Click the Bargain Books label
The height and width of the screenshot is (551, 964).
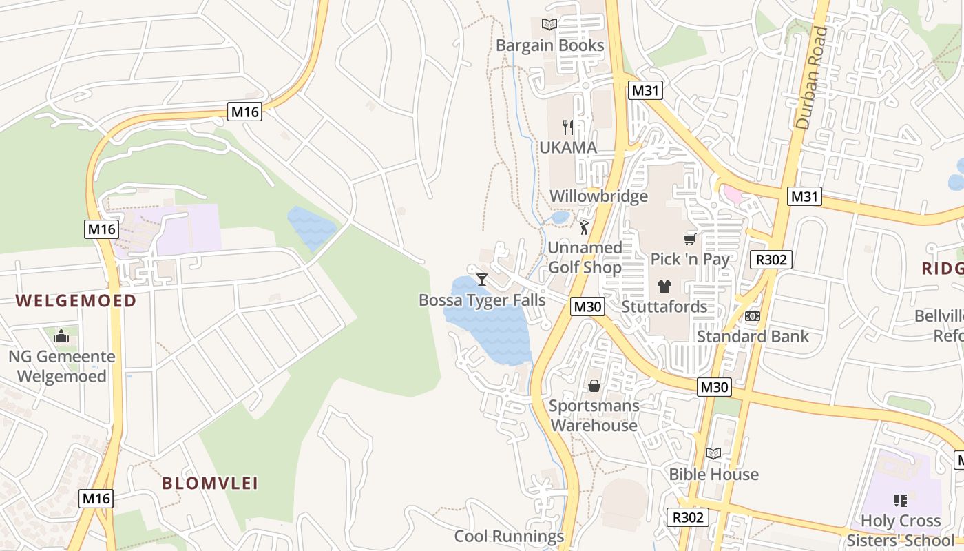pyautogui.click(x=550, y=45)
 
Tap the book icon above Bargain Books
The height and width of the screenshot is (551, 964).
pyautogui.click(x=549, y=25)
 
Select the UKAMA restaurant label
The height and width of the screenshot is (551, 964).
pyautogui.click(x=568, y=147)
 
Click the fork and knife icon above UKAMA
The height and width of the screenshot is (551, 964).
pyautogui.click(x=568, y=127)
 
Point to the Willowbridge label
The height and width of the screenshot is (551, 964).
pyautogui.click(x=598, y=196)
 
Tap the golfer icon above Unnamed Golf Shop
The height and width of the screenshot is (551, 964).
pyautogui.click(x=585, y=227)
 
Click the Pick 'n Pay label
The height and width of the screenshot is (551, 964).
pyautogui.click(x=690, y=259)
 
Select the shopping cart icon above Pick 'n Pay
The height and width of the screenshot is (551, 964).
pyautogui.click(x=689, y=239)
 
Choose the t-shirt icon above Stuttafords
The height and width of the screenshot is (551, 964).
pyautogui.click(x=664, y=287)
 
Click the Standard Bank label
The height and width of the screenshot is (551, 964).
pyautogui.click(x=753, y=337)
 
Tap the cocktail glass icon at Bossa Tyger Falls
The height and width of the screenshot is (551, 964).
pyautogui.click(x=482, y=279)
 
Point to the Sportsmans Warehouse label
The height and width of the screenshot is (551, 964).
pyautogui.click(x=594, y=415)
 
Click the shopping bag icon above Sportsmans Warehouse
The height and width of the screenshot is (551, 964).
pyautogui.click(x=594, y=386)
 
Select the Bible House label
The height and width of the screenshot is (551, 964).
pyautogui.click(x=713, y=475)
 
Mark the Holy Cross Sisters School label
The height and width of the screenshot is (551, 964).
pyautogui.click(x=901, y=530)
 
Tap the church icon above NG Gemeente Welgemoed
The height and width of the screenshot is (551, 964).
pyautogui.click(x=61, y=336)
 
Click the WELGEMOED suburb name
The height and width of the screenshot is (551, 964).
pyautogui.click(x=76, y=300)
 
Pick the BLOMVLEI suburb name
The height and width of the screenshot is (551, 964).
pyautogui.click(x=210, y=483)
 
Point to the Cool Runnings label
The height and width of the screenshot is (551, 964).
pyautogui.click(x=509, y=537)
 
